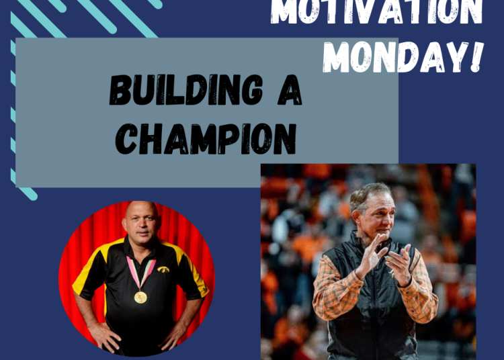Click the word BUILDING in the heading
click(177, 91)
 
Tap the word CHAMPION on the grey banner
click(206, 139)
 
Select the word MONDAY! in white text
click(407, 57)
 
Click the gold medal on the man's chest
click(140, 296)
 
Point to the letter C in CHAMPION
click(126, 140)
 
